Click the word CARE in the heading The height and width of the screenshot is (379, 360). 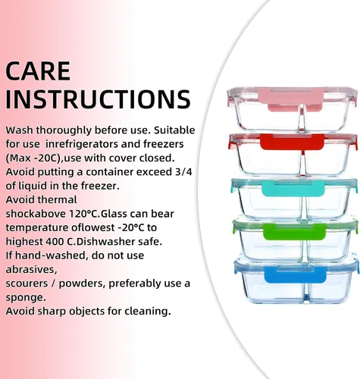[x=38, y=70]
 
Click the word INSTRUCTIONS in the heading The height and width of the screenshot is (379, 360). [x=98, y=99]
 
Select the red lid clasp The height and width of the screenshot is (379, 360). [x=292, y=143]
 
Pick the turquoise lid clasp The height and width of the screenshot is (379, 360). [x=293, y=188]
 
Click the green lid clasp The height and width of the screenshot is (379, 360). [x=294, y=232]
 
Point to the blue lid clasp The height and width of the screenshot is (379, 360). [x=296, y=274]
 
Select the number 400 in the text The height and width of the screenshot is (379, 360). [x=55, y=242]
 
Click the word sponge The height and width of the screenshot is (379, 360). [x=26, y=298]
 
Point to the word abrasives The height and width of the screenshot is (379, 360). [x=31, y=270]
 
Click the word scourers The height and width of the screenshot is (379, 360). [x=27, y=283]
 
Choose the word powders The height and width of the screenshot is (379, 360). [x=82, y=284]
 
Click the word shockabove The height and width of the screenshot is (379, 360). [x=36, y=214]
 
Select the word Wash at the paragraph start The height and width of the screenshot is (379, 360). [x=19, y=130]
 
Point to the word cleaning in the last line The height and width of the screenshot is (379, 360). [x=148, y=312]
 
